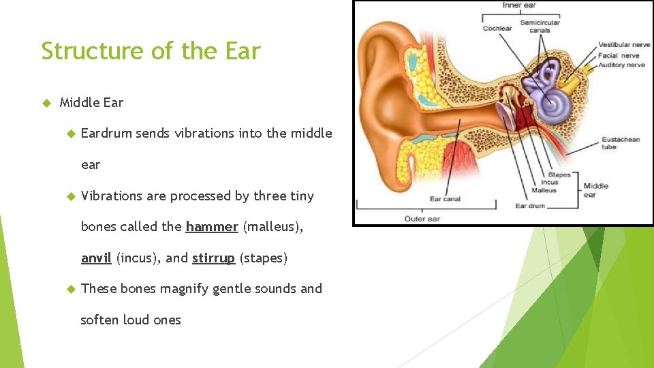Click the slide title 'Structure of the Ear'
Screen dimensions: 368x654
(151, 51)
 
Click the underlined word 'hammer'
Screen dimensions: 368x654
(211, 227)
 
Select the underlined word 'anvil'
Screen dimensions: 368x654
(96, 258)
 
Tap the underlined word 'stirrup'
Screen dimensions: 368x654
(213, 258)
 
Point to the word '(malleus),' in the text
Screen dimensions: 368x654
(272, 227)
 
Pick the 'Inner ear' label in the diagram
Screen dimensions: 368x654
(519, 6)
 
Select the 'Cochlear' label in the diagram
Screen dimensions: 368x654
(497, 29)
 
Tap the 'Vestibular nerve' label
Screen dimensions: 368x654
(623, 45)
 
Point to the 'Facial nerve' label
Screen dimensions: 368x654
(618, 55)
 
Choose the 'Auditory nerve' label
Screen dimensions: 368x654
(621, 65)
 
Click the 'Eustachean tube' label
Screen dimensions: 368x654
(620, 143)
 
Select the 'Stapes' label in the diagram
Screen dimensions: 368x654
(559, 175)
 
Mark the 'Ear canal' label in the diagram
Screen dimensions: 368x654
(445, 199)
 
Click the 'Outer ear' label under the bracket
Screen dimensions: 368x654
(422, 219)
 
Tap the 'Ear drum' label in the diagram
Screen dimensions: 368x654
(530, 206)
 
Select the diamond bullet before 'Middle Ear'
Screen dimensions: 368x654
(47, 103)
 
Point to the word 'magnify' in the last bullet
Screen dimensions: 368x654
(184, 289)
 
